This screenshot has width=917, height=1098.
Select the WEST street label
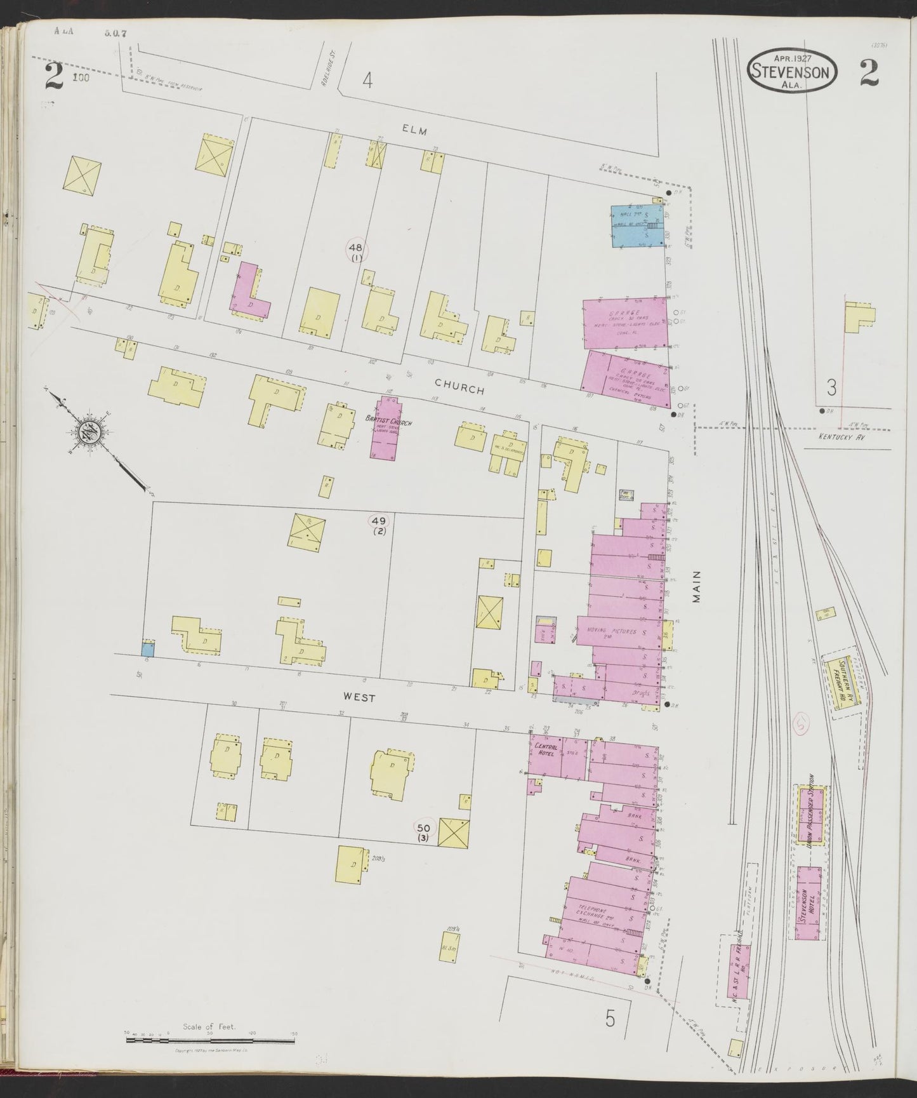(359, 697)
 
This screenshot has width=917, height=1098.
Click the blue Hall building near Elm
(637, 225)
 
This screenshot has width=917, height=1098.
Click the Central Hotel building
(547, 756)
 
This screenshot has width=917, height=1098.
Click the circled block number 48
(355, 248)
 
